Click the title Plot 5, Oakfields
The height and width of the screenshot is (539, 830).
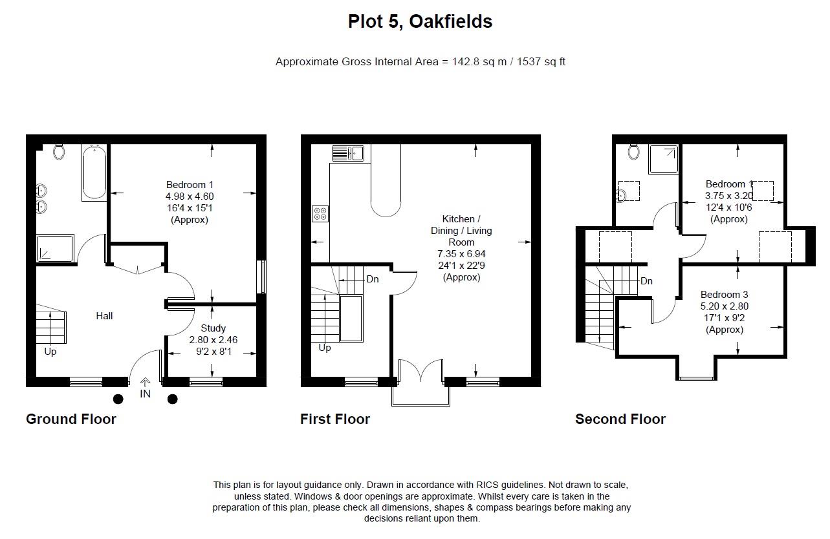(x=420, y=21)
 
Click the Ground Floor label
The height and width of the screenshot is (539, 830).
(x=71, y=419)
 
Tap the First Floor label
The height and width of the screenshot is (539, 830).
(x=335, y=419)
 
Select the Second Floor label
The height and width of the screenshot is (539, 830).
(x=620, y=419)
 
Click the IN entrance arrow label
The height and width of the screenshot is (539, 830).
(x=146, y=393)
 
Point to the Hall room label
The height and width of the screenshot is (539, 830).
(x=104, y=315)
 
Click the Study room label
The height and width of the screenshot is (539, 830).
(x=213, y=328)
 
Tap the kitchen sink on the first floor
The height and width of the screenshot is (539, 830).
(x=348, y=153)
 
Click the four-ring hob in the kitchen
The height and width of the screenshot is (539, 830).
(x=320, y=213)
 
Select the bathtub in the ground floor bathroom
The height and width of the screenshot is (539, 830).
(x=94, y=172)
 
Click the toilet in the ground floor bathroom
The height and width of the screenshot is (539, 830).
(x=60, y=151)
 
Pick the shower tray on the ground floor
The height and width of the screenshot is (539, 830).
(x=55, y=248)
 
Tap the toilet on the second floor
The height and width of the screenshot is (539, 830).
(x=633, y=151)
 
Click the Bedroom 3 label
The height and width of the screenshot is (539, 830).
(x=724, y=295)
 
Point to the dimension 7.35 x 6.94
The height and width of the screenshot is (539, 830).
(x=461, y=254)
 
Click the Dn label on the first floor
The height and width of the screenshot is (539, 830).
(x=373, y=279)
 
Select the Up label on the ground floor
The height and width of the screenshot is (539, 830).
(x=50, y=352)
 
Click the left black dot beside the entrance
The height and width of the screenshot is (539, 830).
(x=118, y=399)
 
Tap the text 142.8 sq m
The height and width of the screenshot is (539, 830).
(x=476, y=62)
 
